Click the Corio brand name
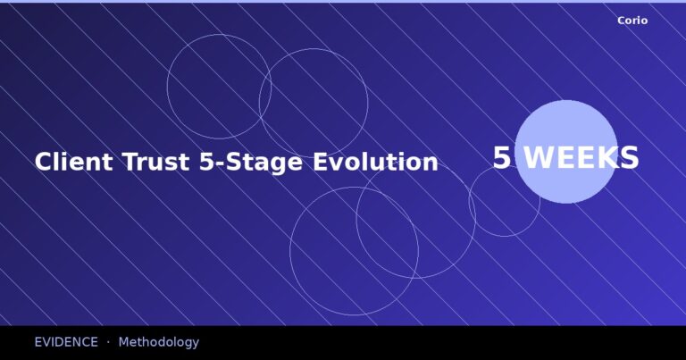point(632,21)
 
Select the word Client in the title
point(73,162)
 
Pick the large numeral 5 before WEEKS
point(502,158)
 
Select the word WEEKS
point(581,158)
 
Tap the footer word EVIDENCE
point(66,342)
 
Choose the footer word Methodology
point(158,342)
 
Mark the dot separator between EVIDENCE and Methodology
point(108,342)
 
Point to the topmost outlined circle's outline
point(219,35)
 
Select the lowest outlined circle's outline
point(354,315)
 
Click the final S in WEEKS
point(630,158)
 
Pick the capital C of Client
point(43,162)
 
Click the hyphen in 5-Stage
point(211,164)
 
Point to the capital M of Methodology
point(123,342)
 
